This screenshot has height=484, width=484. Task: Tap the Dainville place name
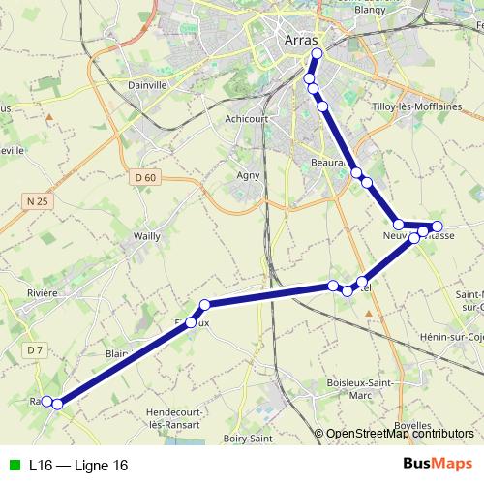click(x=148, y=85)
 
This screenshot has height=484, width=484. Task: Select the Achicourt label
click(x=246, y=119)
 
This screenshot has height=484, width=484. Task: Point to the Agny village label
click(x=249, y=175)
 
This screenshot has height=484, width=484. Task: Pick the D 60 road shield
click(x=145, y=177)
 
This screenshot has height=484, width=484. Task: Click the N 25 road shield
click(x=36, y=200)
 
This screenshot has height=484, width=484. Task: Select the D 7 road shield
click(x=34, y=349)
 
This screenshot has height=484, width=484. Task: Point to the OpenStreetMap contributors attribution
click(x=400, y=435)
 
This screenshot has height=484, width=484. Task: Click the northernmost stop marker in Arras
click(x=317, y=54)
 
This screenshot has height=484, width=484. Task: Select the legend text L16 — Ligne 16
click(x=77, y=466)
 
